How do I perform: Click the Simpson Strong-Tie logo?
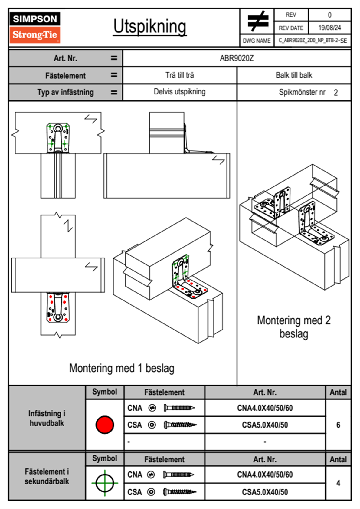pyautogui.click(x=34, y=27)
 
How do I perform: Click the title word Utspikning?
pyautogui.click(x=150, y=27)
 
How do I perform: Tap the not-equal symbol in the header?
pyautogui.click(x=257, y=21)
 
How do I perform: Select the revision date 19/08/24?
pyautogui.click(x=329, y=28)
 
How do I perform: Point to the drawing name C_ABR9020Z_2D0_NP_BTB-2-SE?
pyautogui.click(x=313, y=41)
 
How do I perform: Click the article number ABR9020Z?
pyautogui.click(x=237, y=58)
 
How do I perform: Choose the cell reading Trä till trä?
pyautogui.click(x=180, y=75)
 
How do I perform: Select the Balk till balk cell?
pyautogui.click(x=294, y=75)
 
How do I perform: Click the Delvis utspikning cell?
pyautogui.click(x=180, y=92)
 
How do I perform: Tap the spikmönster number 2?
pyautogui.click(x=336, y=93)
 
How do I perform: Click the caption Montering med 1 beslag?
pyautogui.click(x=122, y=368)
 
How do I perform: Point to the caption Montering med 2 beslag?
pyautogui.click(x=294, y=327)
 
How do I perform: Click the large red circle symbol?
pyautogui.click(x=105, y=425)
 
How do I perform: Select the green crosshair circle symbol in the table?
pyautogui.click(x=105, y=483)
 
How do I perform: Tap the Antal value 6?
pyautogui.click(x=338, y=425)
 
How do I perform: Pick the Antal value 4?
pyautogui.click(x=338, y=483)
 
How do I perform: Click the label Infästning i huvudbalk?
pyautogui.click(x=47, y=418)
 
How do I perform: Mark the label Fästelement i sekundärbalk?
pyautogui.click(x=47, y=476)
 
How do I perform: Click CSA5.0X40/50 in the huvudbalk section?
pyautogui.click(x=265, y=425)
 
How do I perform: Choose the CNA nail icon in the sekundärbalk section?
pyautogui.click(x=178, y=475)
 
